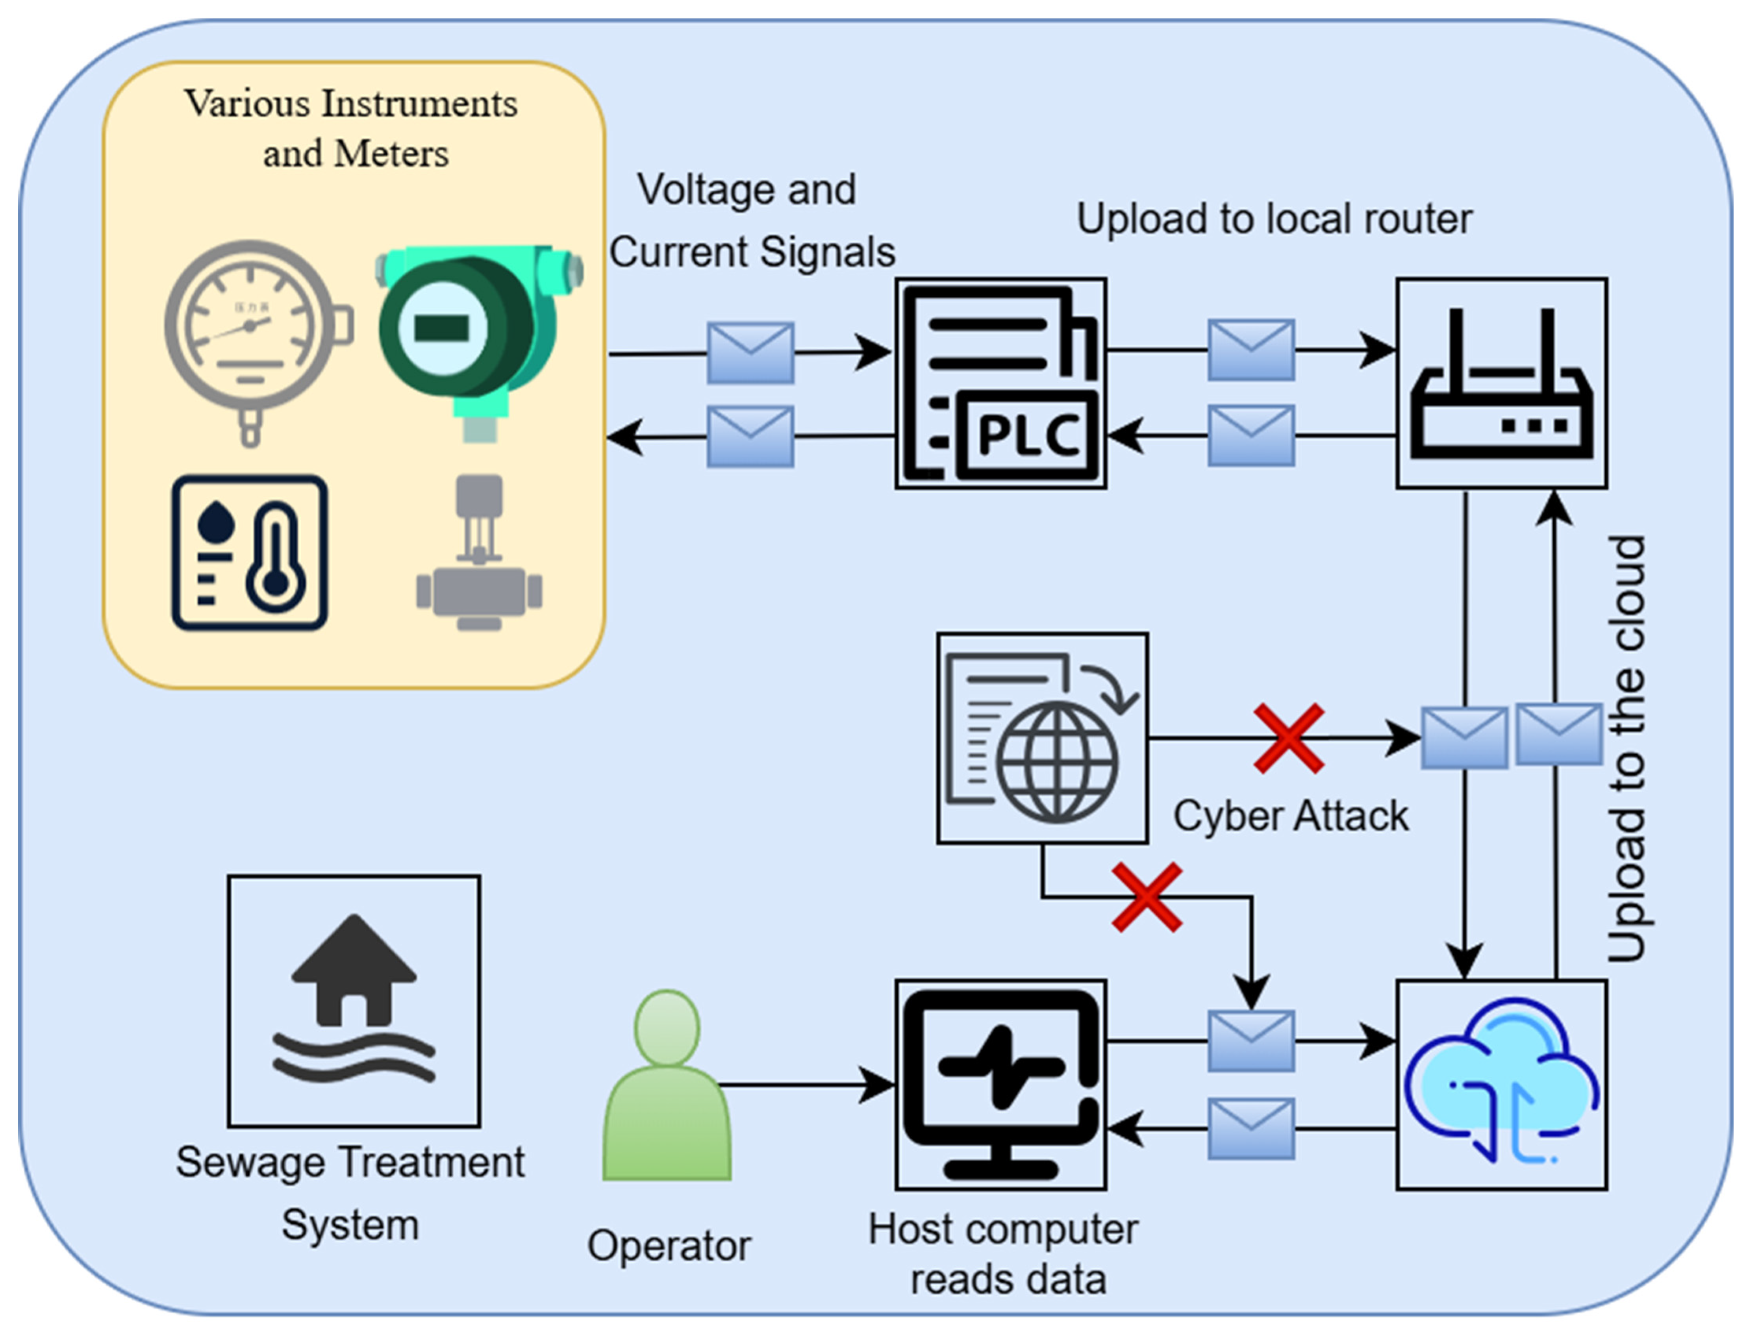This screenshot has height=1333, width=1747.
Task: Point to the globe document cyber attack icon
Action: pyautogui.click(x=1042, y=738)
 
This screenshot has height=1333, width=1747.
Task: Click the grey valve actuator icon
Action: pyautogui.click(x=479, y=553)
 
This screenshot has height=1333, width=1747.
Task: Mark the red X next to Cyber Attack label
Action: pyautogui.click(x=1288, y=738)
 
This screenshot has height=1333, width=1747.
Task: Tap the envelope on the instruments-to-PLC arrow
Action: pyautogui.click(x=750, y=352)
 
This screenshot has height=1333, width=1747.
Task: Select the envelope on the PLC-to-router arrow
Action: pyautogui.click(x=1251, y=350)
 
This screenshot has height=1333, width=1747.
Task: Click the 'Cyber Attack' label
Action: pyautogui.click(x=1291, y=816)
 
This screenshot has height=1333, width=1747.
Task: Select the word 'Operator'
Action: pyautogui.click(x=669, y=1246)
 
